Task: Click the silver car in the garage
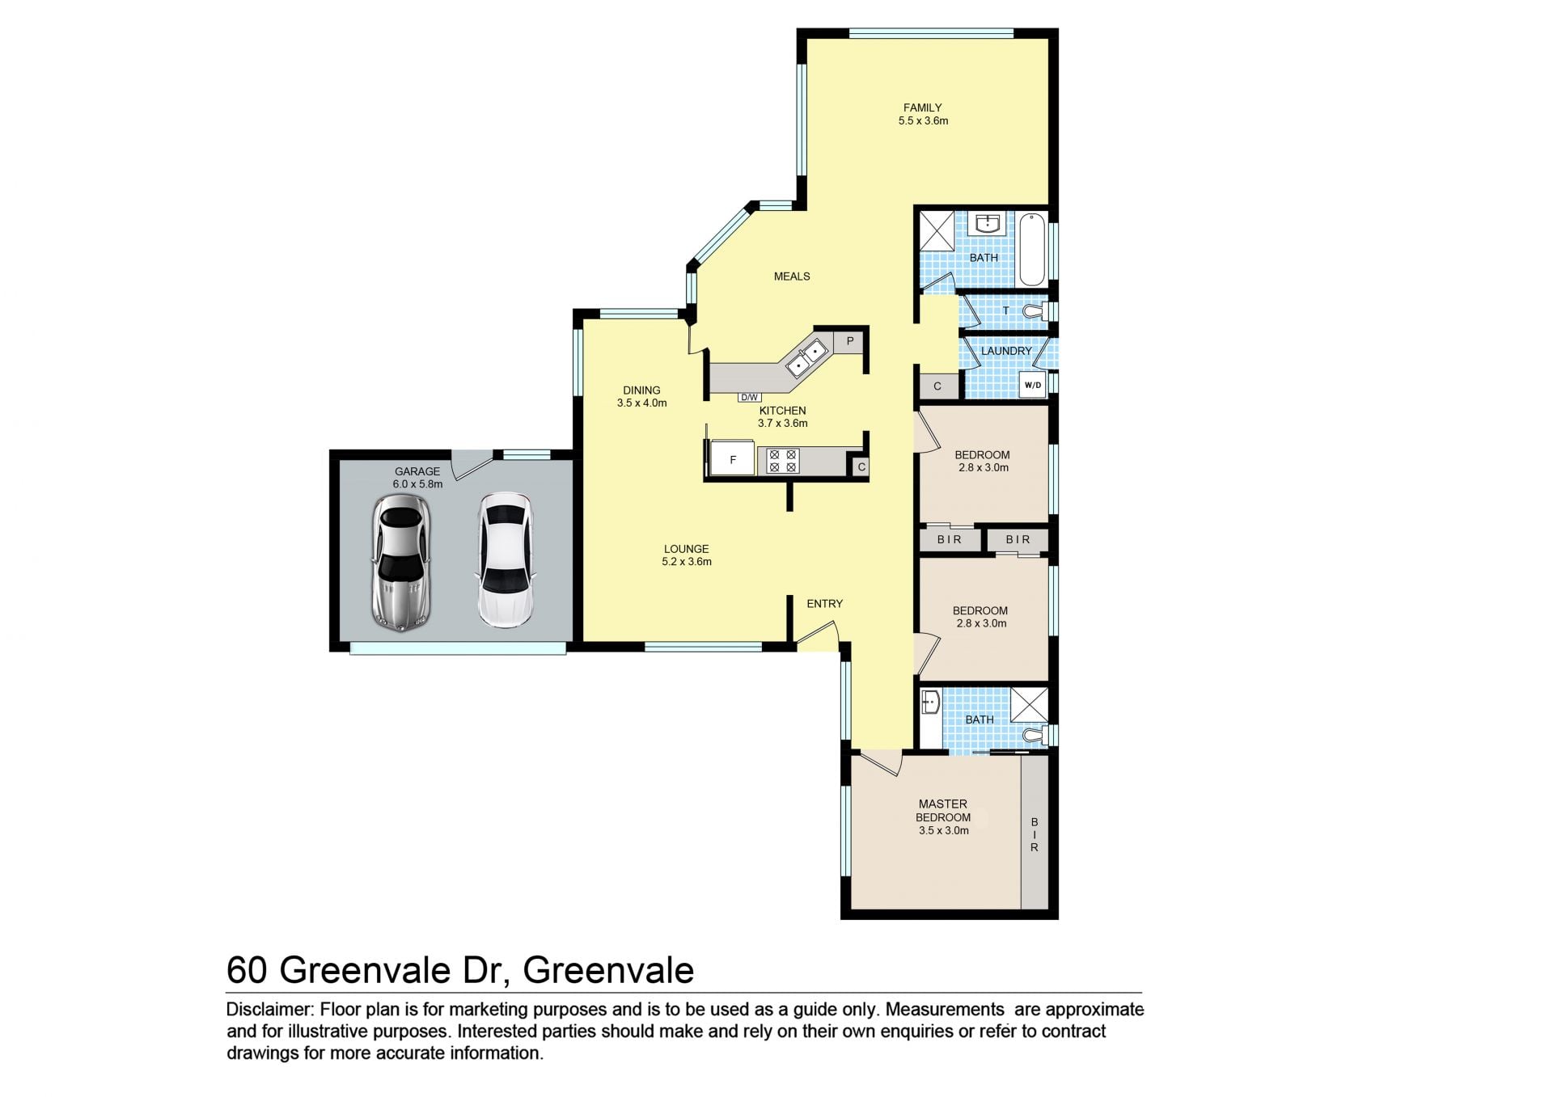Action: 400,563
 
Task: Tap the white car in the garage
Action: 505,560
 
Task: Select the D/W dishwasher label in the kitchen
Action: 749,398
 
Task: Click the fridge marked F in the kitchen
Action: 732,459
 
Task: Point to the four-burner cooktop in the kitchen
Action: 782,461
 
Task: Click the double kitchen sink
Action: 806,358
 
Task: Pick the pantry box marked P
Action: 849,342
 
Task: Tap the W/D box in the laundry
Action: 1033,385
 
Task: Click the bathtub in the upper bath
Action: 1031,250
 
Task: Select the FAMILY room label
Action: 922,108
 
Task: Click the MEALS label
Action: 792,276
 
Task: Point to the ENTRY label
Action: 824,604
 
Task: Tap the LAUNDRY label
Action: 1006,351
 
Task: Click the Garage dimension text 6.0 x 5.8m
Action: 417,484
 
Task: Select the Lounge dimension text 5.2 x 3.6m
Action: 687,562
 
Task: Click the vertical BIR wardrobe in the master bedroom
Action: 1034,833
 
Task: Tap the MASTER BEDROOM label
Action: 943,811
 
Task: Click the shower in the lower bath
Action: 1029,705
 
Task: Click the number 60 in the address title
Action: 247,971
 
